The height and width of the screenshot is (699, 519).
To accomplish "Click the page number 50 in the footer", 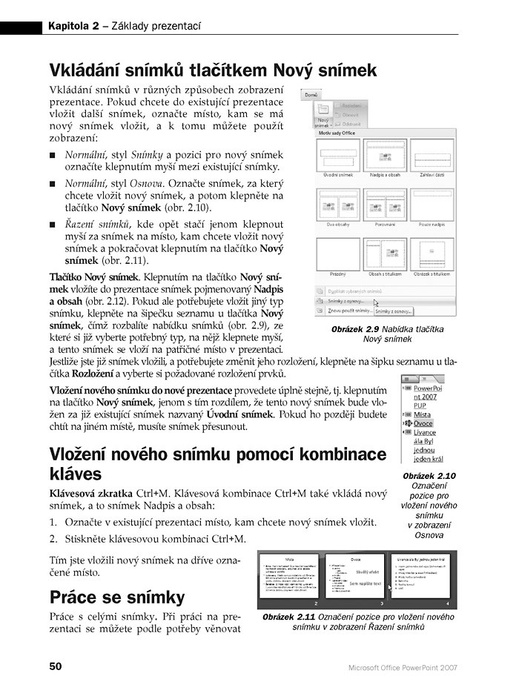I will (x=56, y=666).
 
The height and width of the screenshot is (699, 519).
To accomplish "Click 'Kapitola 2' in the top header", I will (x=73, y=27).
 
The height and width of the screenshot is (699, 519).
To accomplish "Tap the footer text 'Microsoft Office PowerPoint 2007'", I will (x=403, y=667).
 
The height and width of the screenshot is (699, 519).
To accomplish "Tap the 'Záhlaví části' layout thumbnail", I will (x=429, y=156).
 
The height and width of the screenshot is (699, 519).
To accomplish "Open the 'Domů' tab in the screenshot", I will (x=311, y=96).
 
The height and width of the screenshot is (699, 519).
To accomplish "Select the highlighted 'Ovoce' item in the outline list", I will (x=423, y=424).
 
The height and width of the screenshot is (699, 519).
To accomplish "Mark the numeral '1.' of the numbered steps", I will (x=54, y=523).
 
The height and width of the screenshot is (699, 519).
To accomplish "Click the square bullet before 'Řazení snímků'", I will (x=53, y=224).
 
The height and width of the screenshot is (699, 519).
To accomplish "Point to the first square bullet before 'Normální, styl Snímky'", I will (x=53, y=156).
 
